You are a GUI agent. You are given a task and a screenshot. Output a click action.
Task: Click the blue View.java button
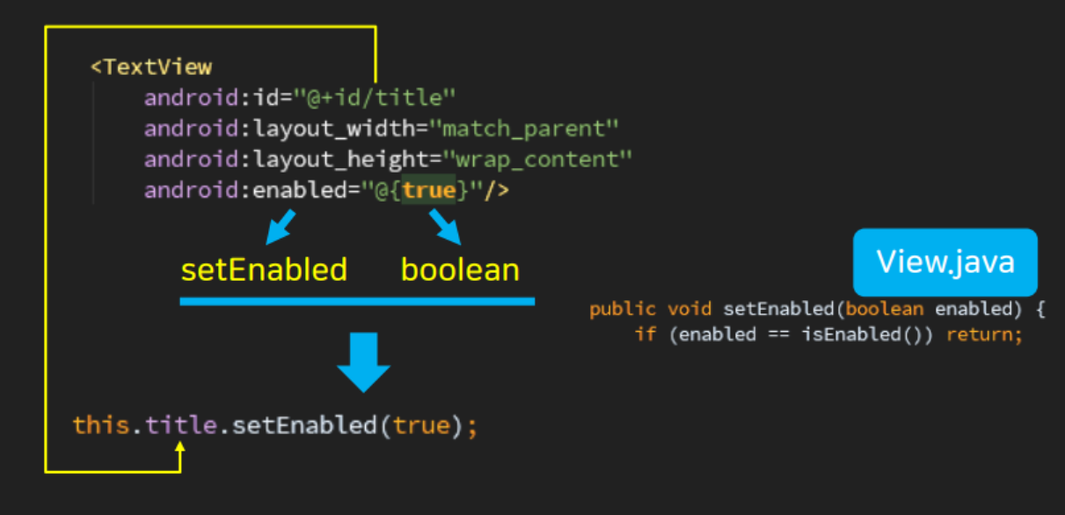tap(945, 261)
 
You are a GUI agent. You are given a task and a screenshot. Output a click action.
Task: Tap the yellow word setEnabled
tap(264, 269)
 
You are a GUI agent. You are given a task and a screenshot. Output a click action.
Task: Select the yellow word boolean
tap(460, 269)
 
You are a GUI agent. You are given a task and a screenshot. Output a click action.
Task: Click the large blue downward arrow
tap(362, 361)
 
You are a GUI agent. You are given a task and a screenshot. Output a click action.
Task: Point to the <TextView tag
tap(151, 67)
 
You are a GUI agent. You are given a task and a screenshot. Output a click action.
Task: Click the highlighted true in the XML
tap(429, 190)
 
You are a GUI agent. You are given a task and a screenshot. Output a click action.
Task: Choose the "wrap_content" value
tap(537, 159)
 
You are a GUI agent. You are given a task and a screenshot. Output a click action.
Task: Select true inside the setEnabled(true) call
tap(420, 426)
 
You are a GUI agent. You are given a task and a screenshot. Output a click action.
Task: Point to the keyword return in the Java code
tap(984, 335)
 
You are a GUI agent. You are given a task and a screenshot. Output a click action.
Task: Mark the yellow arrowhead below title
tap(180, 448)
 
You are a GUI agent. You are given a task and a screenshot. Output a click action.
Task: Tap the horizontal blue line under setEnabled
tap(357, 301)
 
